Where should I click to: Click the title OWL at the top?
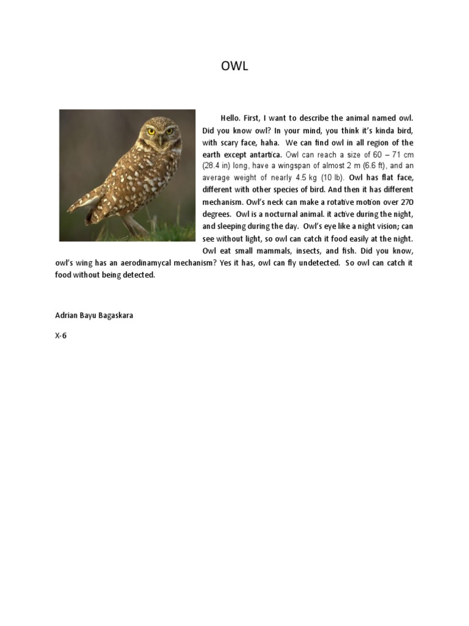[x=234, y=67]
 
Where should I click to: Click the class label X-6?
[x=60, y=336]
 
